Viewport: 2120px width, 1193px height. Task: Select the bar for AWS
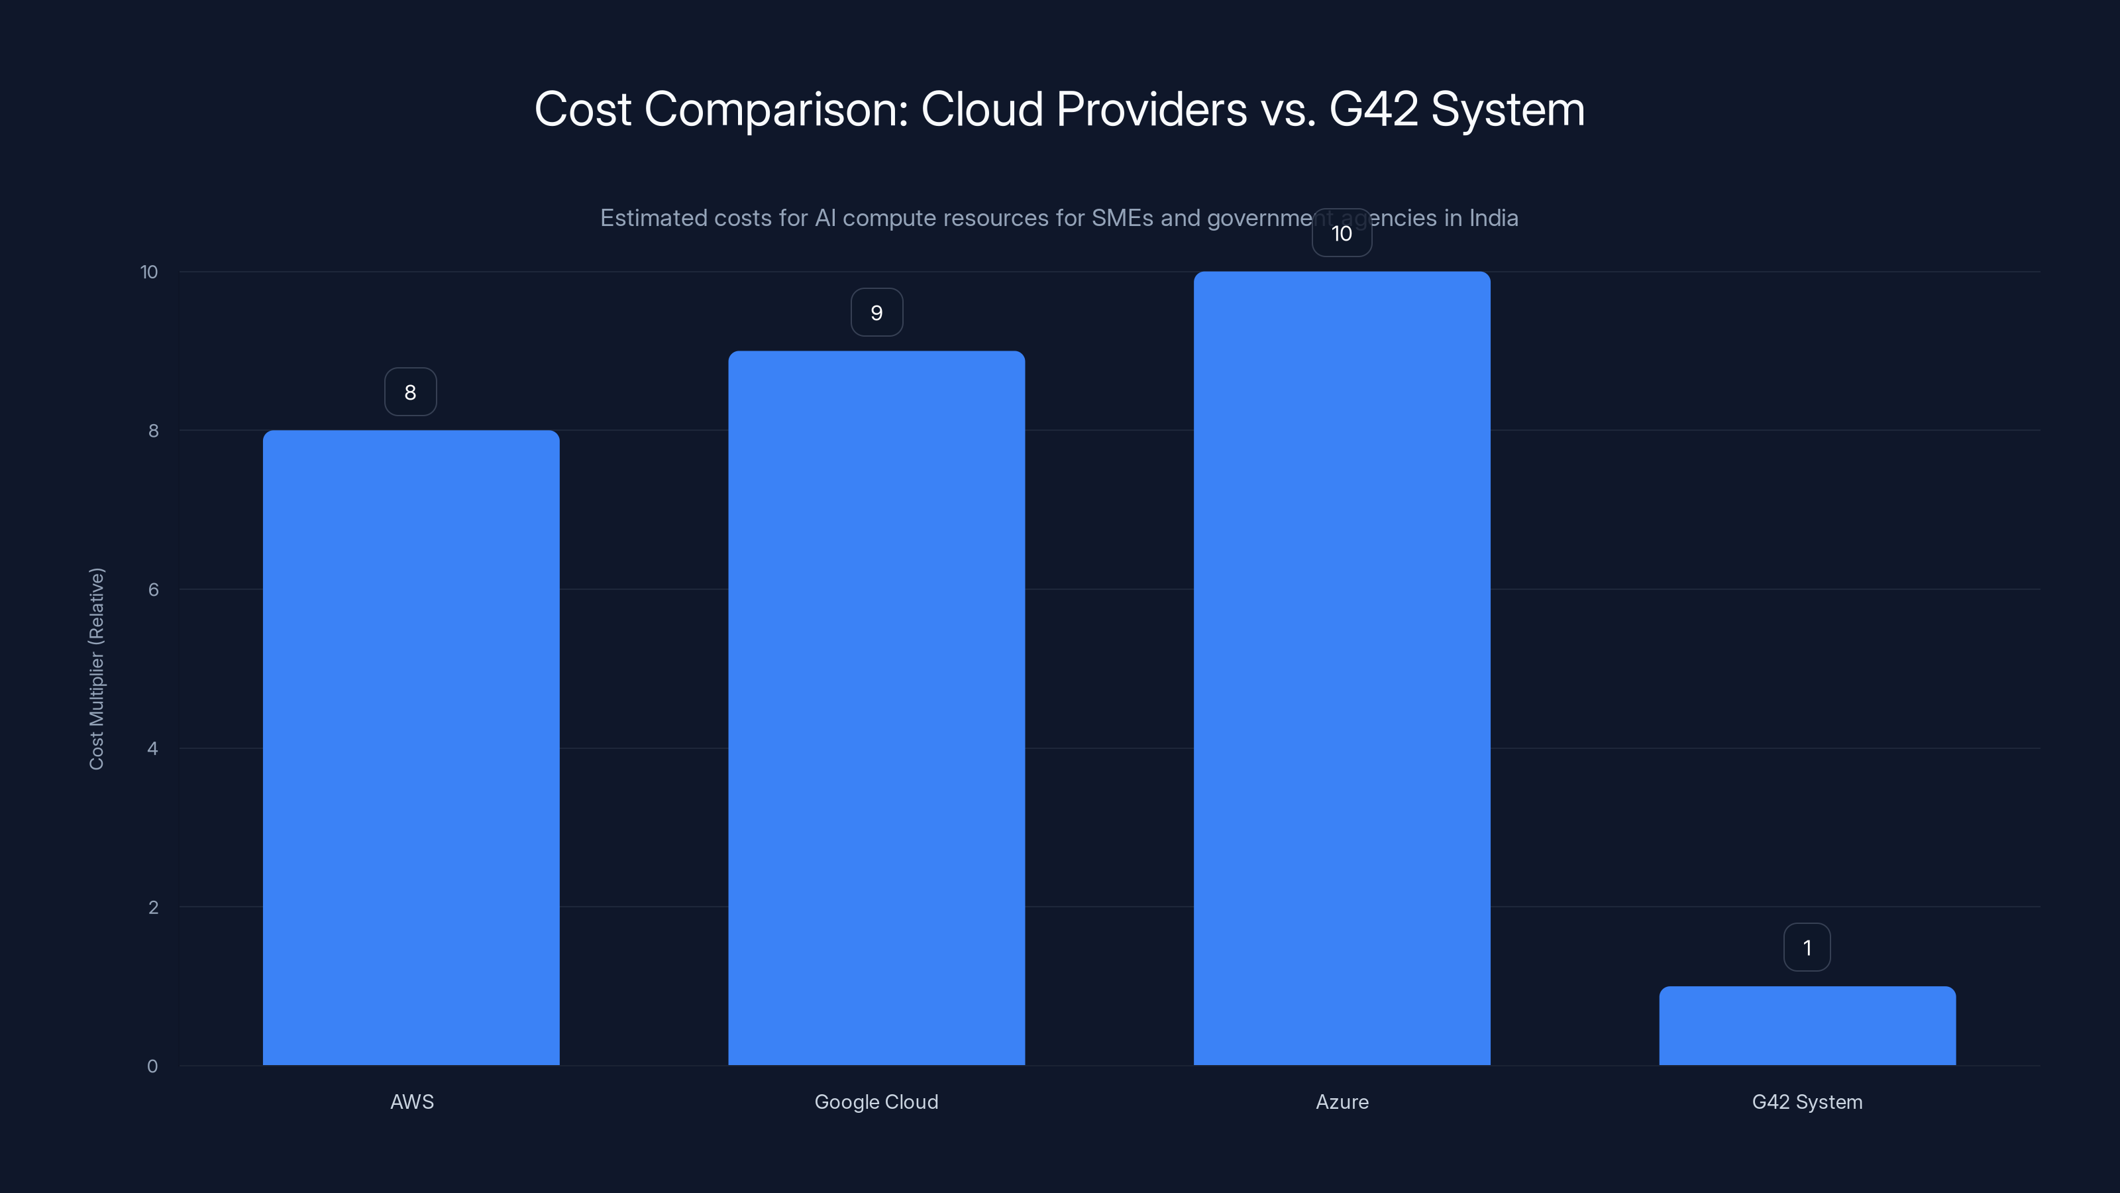pyautogui.click(x=411, y=748)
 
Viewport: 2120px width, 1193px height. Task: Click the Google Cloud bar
pyautogui.click(x=876, y=708)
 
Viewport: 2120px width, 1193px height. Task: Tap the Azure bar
pyautogui.click(x=1342, y=669)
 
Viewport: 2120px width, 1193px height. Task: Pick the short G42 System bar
pyautogui.click(x=1807, y=1026)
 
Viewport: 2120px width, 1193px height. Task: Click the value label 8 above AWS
pyautogui.click(x=410, y=392)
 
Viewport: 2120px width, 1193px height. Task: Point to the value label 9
pyautogui.click(x=876, y=313)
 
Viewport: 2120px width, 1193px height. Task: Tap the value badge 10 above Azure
pyautogui.click(x=1342, y=233)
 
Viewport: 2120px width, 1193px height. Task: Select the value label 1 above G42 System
pyautogui.click(x=1807, y=948)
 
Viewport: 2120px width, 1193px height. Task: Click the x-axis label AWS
pyautogui.click(x=411, y=1102)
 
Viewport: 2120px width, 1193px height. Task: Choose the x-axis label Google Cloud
pyautogui.click(x=876, y=1102)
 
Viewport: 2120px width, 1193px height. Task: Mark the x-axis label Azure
pyautogui.click(x=1342, y=1102)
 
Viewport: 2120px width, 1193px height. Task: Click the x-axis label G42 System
pyautogui.click(x=1807, y=1102)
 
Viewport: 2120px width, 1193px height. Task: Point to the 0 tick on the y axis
pyautogui.click(x=152, y=1066)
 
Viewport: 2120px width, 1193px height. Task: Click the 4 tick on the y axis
pyautogui.click(x=152, y=748)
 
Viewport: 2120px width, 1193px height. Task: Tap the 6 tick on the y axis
pyautogui.click(x=152, y=589)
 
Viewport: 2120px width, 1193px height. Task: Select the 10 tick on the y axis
pyautogui.click(x=149, y=272)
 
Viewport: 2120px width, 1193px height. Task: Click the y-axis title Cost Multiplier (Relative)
pyautogui.click(x=96, y=669)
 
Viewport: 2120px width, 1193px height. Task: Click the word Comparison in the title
pyautogui.click(x=775, y=109)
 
